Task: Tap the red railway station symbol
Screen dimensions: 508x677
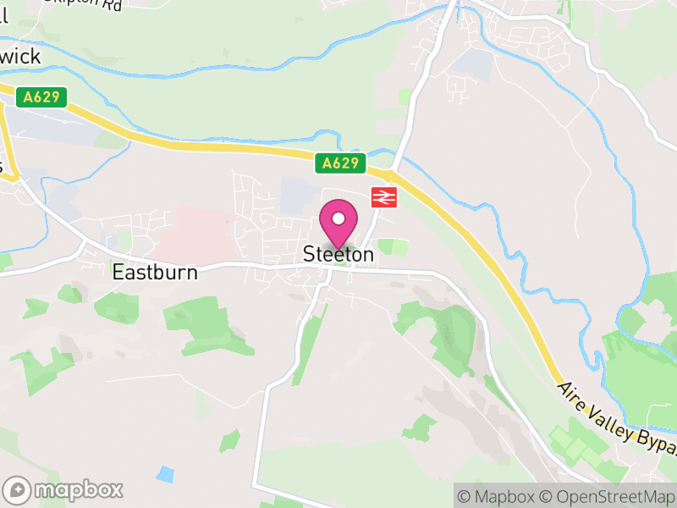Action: [383, 197]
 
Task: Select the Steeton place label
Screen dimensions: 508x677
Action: [338, 254]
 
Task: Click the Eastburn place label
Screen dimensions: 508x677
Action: [155, 273]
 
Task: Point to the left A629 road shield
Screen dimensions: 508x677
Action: [41, 97]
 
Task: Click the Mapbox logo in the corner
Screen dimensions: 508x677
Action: [63, 489]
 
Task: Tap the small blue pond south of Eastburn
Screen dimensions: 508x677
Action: [165, 474]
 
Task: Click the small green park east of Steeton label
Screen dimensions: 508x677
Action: [392, 247]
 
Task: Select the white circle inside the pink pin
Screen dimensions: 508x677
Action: [338, 218]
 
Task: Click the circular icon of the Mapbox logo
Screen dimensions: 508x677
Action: [18, 489]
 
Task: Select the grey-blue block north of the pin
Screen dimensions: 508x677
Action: [295, 194]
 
